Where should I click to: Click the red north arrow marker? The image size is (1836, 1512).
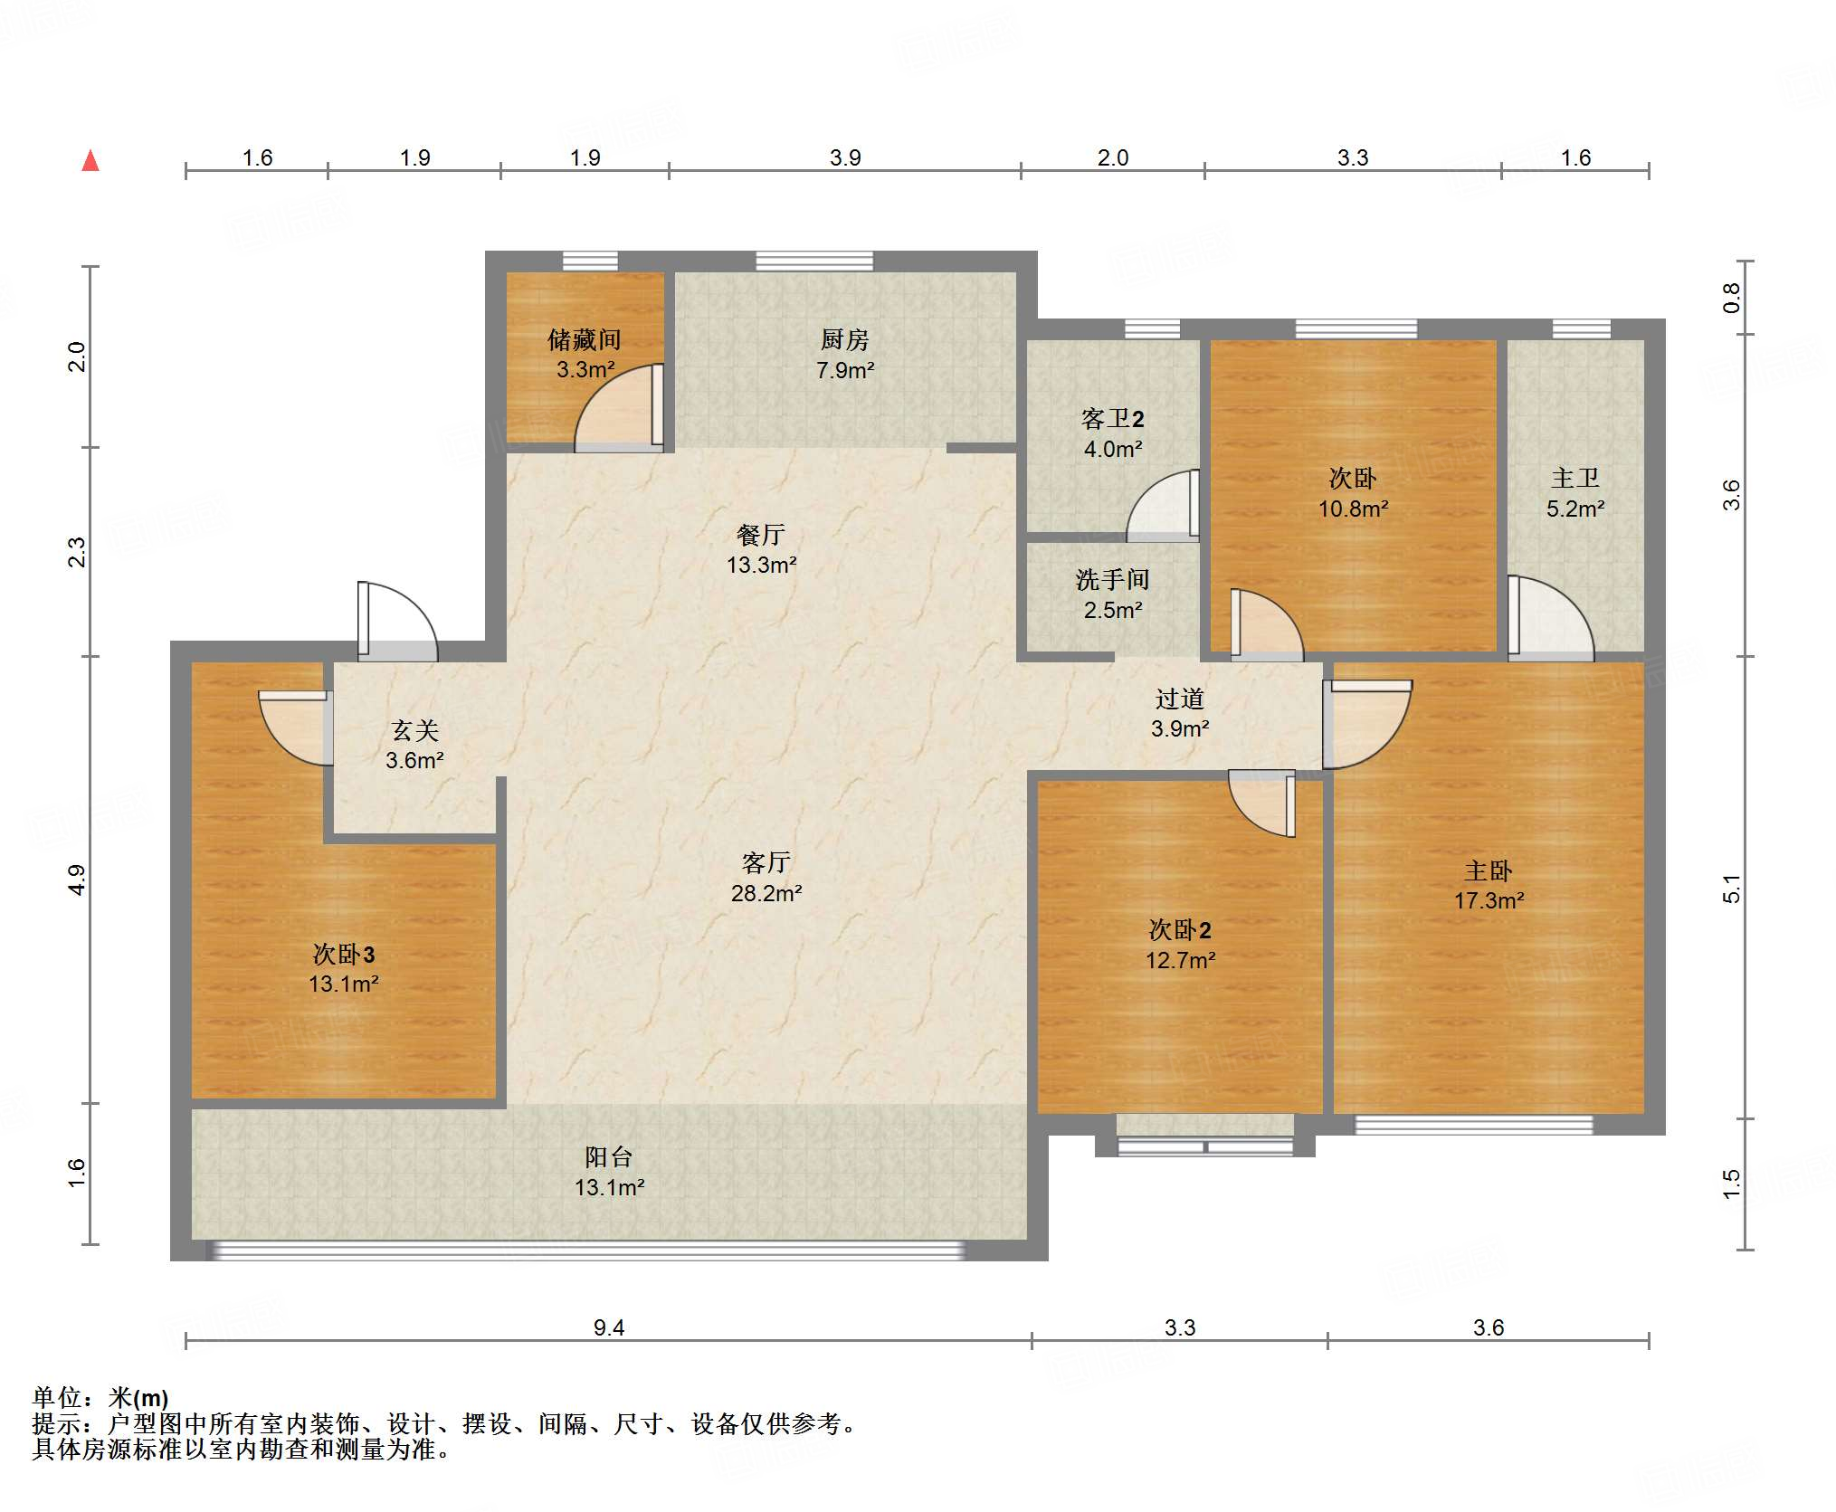(x=90, y=161)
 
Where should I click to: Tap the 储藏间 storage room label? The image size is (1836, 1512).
(x=585, y=340)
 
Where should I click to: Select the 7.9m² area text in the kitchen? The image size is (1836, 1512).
(x=845, y=370)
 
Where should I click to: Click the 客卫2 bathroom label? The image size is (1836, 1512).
(x=1113, y=419)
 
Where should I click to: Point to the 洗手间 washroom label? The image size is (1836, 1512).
(x=1113, y=580)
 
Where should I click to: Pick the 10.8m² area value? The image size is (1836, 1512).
(x=1353, y=509)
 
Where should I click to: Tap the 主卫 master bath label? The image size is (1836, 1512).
(x=1575, y=479)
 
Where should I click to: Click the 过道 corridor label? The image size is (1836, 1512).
(x=1180, y=699)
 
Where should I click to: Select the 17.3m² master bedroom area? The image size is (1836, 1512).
(x=1489, y=900)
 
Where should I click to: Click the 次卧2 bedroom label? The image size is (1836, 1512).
(x=1180, y=930)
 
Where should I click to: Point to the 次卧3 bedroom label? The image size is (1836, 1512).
(x=344, y=954)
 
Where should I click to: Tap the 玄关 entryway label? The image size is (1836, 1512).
(x=415, y=730)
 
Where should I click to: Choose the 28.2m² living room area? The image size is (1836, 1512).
(x=766, y=893)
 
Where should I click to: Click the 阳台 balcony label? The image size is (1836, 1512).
(x=609, y=1157)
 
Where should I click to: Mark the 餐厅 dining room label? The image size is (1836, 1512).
(x=761, y=535)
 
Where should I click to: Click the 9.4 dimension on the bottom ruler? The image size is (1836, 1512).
(x=609, y=1327)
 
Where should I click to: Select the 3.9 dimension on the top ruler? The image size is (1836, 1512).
(x=845, y=157)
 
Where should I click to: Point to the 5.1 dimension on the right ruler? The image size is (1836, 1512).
(x=1731, y=889)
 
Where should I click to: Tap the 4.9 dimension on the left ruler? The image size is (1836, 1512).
(x=77, y=880)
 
